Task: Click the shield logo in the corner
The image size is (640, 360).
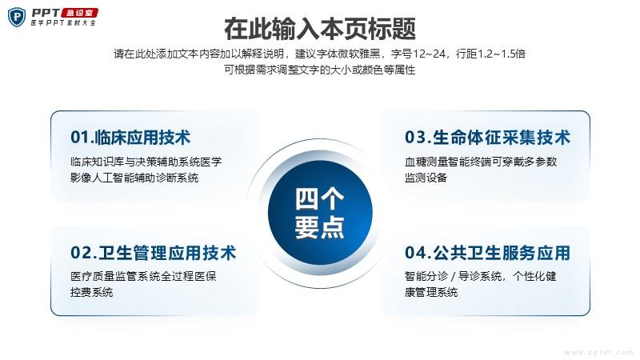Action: click(x=16, y=17)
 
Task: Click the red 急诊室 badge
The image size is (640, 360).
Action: click(x=79, y=13)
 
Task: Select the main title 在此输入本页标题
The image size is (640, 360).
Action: click(x=320, y=29)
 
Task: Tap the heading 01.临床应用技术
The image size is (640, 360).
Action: click(x=130, y=138)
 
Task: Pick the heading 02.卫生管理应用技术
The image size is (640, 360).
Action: click(x=153, y=253)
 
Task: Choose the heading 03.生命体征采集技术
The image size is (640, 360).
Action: click(x=487, y=138)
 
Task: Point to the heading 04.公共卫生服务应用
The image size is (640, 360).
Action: click(x=487, y=253)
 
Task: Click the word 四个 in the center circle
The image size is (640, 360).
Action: click(x=319, y=199)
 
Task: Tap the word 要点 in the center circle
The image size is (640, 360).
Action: click(x=319, y=226)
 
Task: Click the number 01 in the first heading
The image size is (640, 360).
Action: click(x=79, y=138)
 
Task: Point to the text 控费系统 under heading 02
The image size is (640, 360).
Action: click(x=91, y=292)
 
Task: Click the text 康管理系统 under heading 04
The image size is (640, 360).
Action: click(x=431, y=292)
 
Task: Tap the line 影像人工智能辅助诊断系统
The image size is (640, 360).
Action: click(x=134, y=178)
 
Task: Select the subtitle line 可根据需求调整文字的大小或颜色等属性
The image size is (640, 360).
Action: click(x=319, y=70)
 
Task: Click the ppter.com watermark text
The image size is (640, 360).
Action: click(x=599, y=352)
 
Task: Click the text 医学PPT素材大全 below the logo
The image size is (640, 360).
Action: click(x=64, y=23)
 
